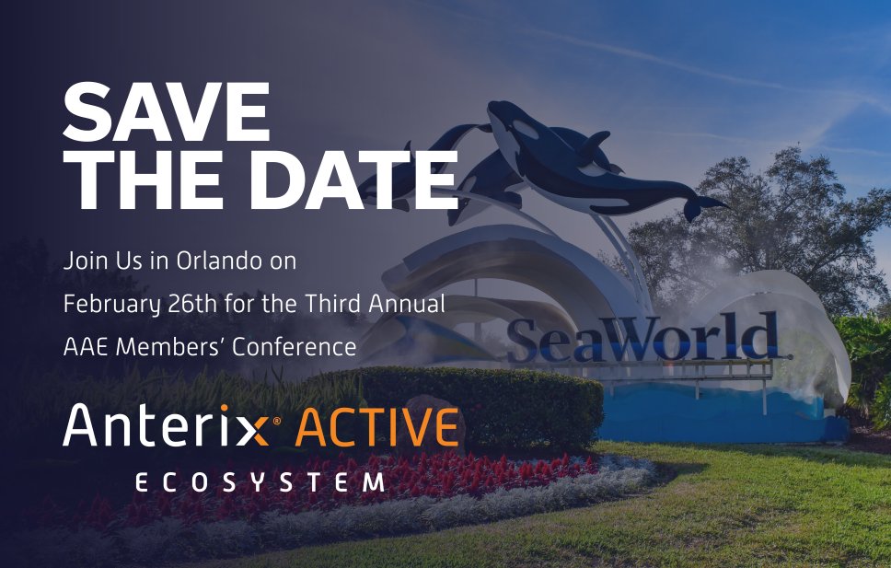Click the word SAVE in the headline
point(167,113)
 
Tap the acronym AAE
point(86,347)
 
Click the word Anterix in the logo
point(165,426)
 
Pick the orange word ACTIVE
point(379,426)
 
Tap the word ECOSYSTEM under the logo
point(259,482)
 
